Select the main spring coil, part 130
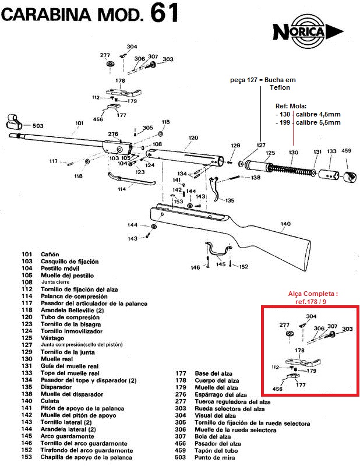[290, 168]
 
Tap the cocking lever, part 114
[130, 180]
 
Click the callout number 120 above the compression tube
[194, 139]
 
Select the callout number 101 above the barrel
[80, 123]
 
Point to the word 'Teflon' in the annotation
[280, 88]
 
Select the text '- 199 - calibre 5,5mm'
[308, 122]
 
